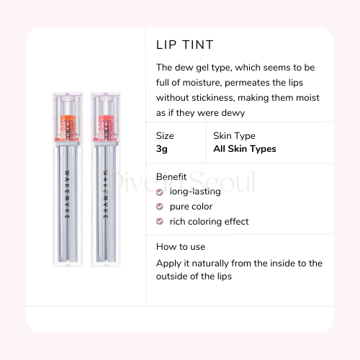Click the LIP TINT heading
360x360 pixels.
pyautogui.click(x=185, y=45)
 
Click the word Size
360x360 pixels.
pyautogui.click(x=165, y=135)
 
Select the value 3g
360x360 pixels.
pyautogui.click(x=162, y=149)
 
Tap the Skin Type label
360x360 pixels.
pyautogui.click(x=235, y=135)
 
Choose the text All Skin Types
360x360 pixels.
pyautogui.click(x=245, y=149)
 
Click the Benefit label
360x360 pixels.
pyautogui.click(x=172, y=176)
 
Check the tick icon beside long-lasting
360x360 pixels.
pyautogui.click(x=160, y=192)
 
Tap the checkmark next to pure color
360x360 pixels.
pyautogui.click(x=160, y=207)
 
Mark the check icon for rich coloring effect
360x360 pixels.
pyautogui.click(x=160, y=222)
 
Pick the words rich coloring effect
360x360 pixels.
pyautogui.click(x=210, y=222)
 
